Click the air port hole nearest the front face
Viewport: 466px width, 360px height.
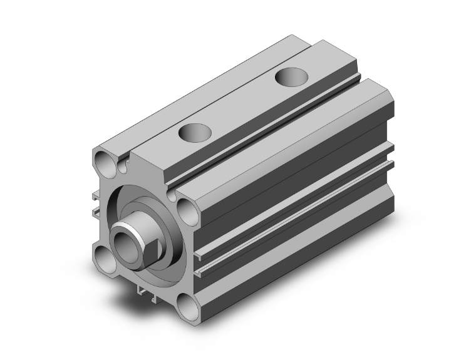194,132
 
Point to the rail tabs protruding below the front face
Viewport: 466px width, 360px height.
145,290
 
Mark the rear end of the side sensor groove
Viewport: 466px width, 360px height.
390,164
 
